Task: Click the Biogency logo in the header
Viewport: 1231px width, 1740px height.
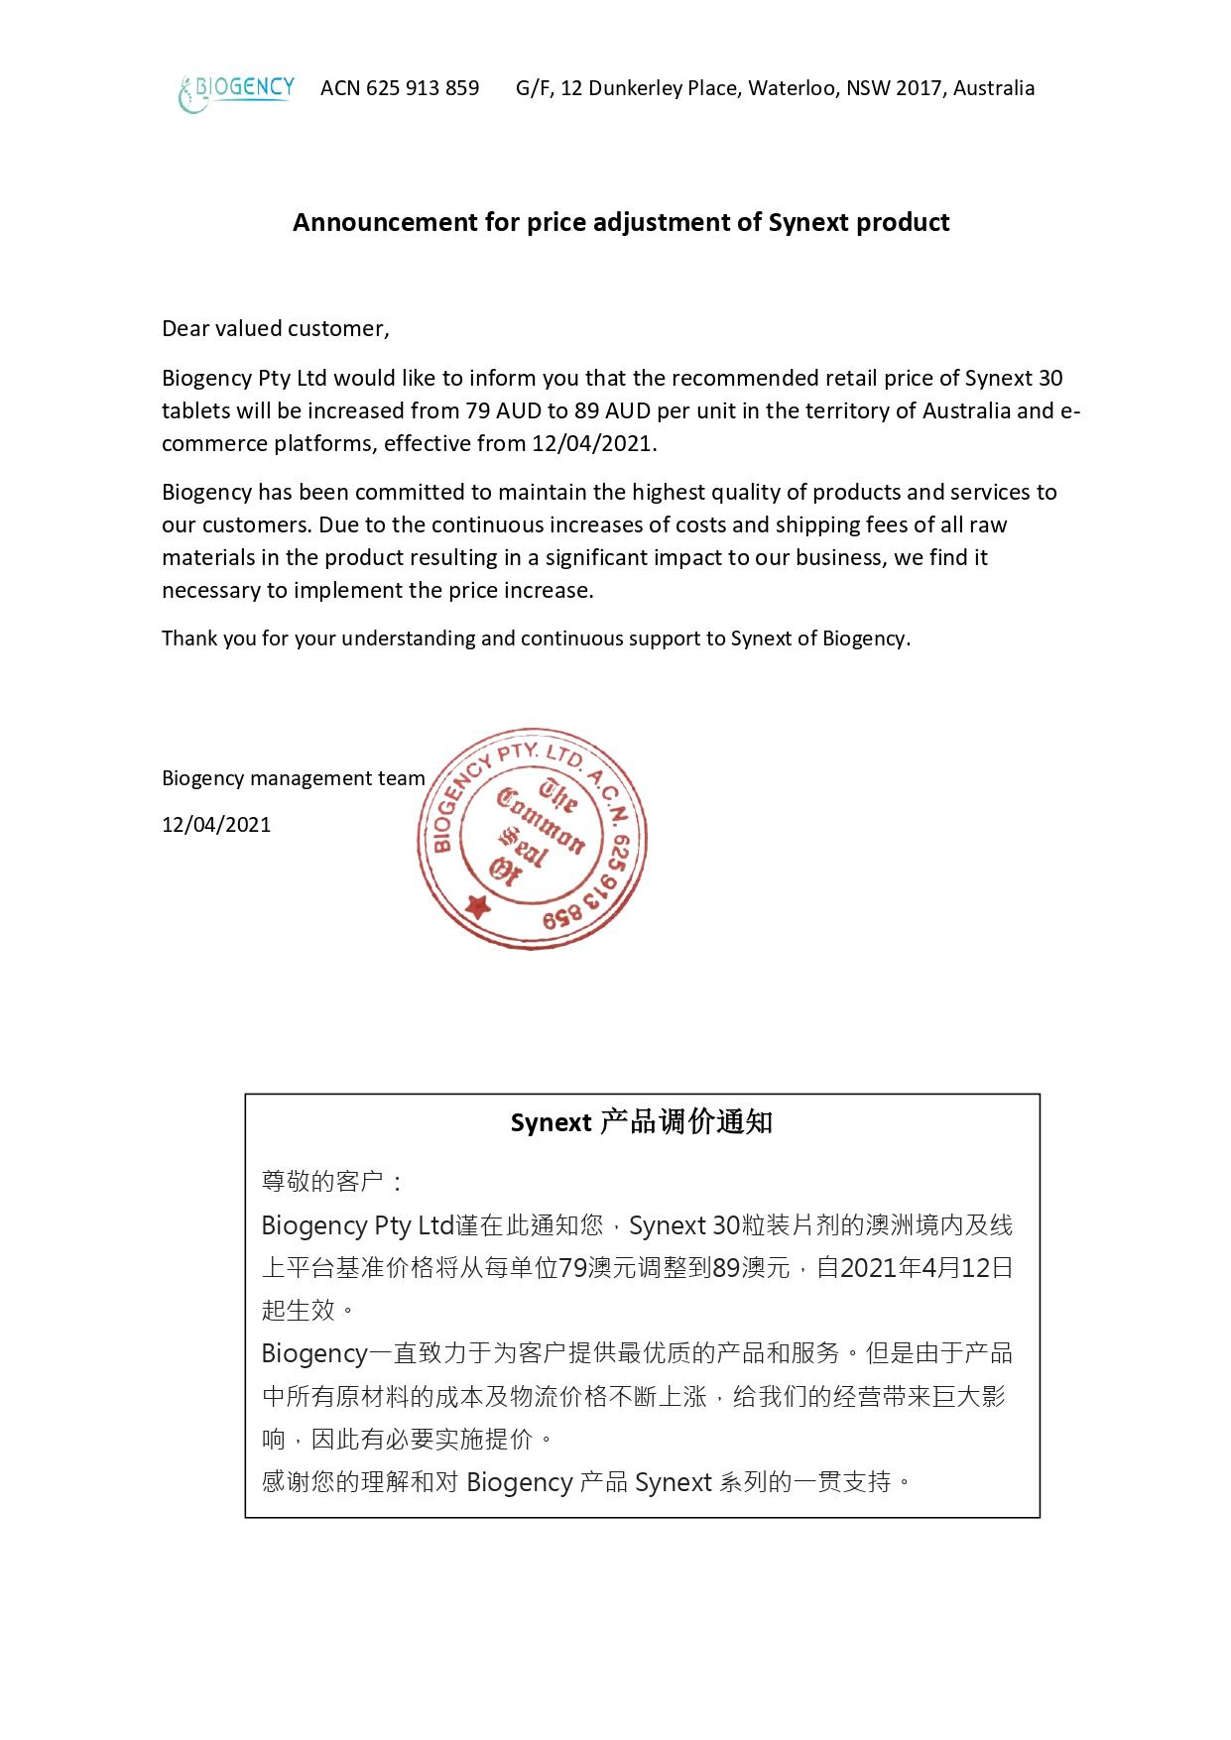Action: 236,92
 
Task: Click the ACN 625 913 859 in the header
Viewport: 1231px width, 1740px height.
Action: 400,88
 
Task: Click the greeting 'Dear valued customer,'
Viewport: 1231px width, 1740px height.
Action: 276,329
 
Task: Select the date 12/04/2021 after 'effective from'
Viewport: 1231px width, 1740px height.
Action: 592,443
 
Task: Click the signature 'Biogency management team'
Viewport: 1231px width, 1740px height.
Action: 294,778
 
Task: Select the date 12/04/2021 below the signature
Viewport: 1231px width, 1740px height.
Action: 216,825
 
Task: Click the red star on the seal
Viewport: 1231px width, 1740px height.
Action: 478,904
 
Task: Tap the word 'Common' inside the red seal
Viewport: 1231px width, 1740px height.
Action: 541,824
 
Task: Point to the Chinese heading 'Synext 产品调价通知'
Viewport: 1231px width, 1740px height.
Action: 641,1122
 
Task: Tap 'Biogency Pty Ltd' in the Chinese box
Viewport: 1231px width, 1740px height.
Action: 357,1225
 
